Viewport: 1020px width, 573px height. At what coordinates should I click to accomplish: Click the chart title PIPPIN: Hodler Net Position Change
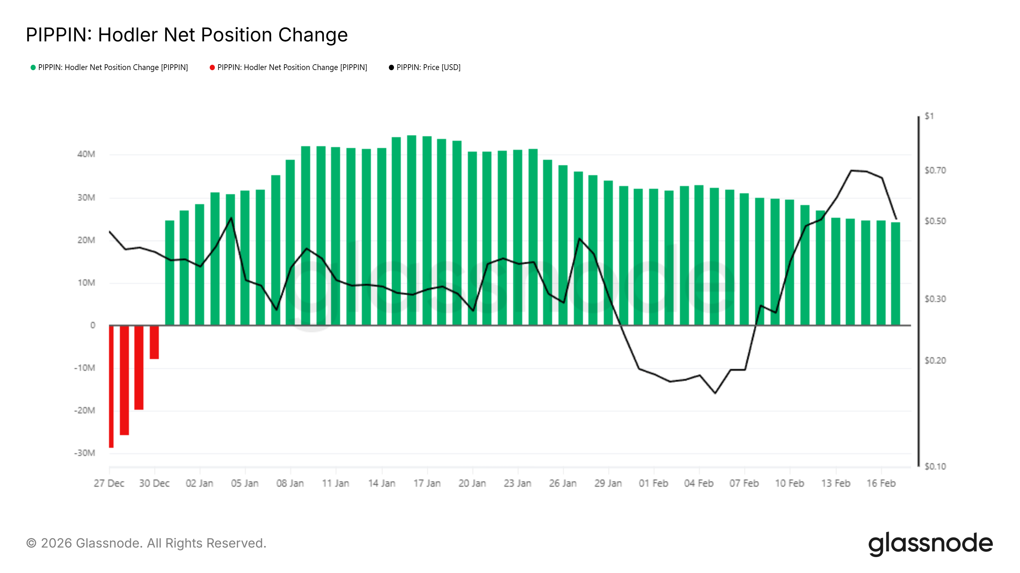pyautogui.click(x=186, y=35)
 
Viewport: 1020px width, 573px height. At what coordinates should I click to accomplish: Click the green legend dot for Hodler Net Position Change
pyautogui.click(x=33, y=67)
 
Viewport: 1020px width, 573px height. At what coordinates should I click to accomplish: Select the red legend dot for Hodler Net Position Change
pyautogui.click(x=212, y=67)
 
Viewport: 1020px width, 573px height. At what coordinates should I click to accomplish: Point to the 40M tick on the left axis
pyautogui.click(x=86, y=154)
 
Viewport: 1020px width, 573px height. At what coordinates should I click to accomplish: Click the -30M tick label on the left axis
pyautogui.click(x=84, y=453)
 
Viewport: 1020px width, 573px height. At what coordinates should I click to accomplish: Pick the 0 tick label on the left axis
pyautogui.click(x=93, y=325)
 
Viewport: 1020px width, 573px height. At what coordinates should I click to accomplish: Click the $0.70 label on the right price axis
pyautogui.click(x=935, y=170)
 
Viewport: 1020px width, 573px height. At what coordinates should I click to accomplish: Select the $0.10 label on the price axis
pyautogui.click(x=935, y=467)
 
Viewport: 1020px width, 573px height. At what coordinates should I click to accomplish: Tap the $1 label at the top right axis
pyautogui.click(x=929, y=116)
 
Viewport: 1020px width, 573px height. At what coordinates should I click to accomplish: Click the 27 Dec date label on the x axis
pyautogui.click(x=109, y=483)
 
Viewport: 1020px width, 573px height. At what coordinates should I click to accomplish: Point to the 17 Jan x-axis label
pyautogui.click(x=427, y=483)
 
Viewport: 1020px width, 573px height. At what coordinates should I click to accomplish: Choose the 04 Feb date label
pyautogui.click(x=698, y=483)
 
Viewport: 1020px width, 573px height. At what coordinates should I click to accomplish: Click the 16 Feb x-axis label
pyautogui.click(x=881, y=483)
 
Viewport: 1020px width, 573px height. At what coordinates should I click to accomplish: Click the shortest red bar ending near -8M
pyautogui.click(x=154, y=342)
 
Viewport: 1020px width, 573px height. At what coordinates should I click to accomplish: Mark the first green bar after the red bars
pyautogui.click(x=170, y=273)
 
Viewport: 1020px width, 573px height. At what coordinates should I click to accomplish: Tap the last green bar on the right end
pyautogui.click(x=895, y=274)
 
